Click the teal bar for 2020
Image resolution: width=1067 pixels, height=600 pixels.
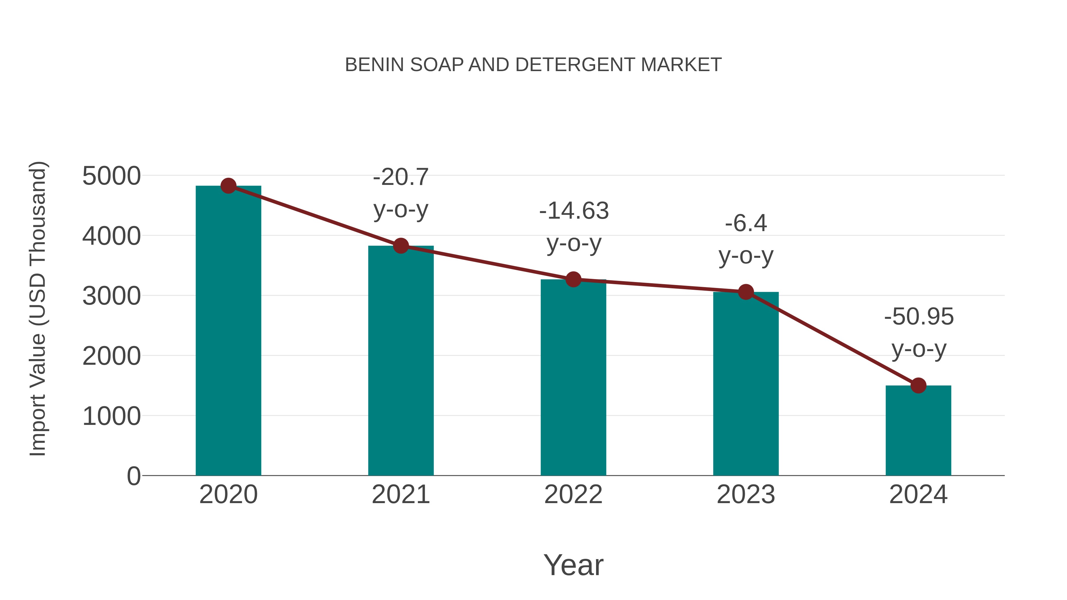(x=228, y=331)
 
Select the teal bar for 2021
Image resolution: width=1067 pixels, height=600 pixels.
(x=400, y=360)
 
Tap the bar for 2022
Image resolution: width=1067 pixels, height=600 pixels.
(x=573, y=377)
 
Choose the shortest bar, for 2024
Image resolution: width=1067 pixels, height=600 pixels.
(x=918, y=431)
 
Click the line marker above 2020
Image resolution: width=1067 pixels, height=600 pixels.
(x=228, y=186)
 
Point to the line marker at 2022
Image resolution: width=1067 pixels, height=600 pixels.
(x=573, y=279)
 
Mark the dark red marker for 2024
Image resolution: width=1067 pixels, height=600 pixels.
(x=918, y=385)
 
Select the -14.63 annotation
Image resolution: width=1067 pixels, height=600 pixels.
(x=574, y=211)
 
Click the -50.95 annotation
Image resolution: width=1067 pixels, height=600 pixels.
(x=919, y=317)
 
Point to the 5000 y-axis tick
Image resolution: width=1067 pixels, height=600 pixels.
(x=111, y=176)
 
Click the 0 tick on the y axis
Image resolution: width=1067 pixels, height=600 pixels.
(x=133, y=476)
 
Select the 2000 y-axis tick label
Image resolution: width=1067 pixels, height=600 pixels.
(x=111, y=356)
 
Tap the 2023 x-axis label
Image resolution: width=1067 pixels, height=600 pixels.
(x=746, y=495)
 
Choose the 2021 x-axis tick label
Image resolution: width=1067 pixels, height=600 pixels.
(x=400, y=495)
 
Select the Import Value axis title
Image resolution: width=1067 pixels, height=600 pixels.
(x=38, y=308)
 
